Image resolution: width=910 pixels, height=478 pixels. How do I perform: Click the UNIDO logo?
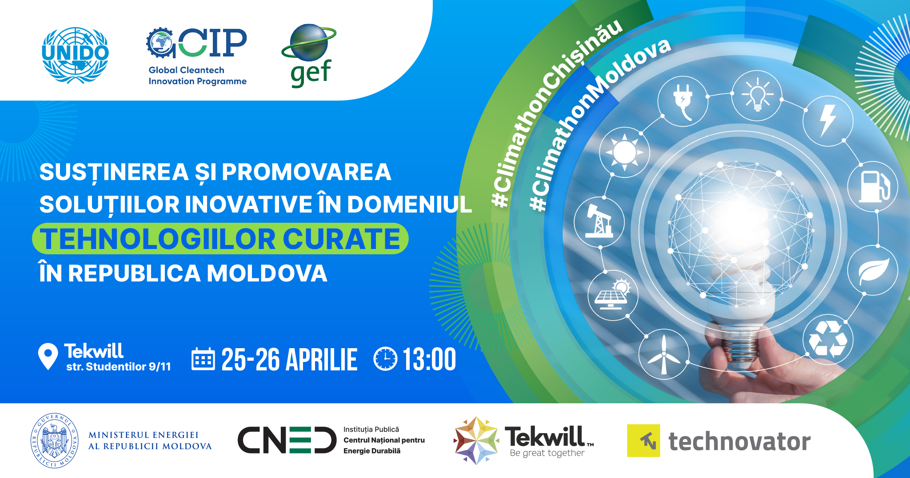click(x=75, y=55)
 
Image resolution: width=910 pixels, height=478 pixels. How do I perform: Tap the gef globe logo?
click(x=309, y=55)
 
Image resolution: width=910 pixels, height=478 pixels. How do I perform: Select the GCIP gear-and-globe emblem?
click(x=161, y=43)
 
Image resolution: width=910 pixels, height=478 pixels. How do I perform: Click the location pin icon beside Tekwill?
click(x=48, y=356)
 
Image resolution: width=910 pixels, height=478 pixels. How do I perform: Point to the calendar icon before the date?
click(x=203, y=359)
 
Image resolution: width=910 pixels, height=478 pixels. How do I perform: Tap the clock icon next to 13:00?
click(x=385, y=359)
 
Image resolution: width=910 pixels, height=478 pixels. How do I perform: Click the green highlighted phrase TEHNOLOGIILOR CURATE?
click(x=220, y=239)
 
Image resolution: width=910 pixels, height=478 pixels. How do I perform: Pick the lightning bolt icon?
click(x=828, y=121)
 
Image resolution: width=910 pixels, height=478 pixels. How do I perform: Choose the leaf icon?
click(x=873, y=270)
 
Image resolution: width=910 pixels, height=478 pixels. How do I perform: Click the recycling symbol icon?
click(x=828, y=339)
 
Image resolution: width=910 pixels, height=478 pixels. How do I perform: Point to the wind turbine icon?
click(x=663, y=354)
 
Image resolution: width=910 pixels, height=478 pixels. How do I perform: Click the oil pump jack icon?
click(x=599, y=221)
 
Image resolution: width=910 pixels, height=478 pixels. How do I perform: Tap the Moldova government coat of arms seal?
click(x=54, y=440)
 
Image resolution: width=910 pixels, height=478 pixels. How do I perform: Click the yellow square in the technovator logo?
click(x=643, y=441)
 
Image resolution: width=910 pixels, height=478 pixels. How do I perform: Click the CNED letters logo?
click(x=287, y=440)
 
